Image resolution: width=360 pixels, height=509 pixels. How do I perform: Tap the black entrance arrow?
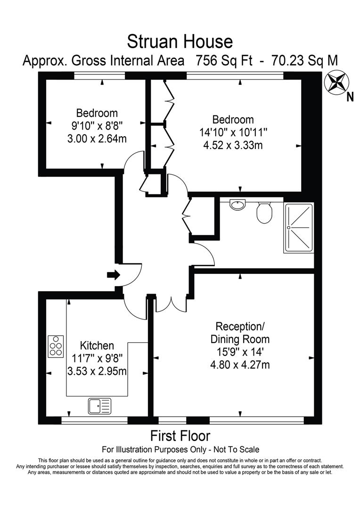113,275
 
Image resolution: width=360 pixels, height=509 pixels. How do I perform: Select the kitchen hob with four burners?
56,346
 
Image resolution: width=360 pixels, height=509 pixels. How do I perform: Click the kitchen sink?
99,406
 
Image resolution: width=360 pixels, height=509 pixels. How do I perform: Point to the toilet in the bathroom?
263,213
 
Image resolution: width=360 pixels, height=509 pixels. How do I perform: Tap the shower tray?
299,228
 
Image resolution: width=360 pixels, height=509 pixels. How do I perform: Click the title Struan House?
180,42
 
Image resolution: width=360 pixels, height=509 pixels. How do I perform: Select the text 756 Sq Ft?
224,61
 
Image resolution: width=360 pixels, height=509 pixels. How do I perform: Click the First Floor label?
180,435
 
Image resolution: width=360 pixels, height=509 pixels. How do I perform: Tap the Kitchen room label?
97,345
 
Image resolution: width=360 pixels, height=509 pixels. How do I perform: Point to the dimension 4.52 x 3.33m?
233,145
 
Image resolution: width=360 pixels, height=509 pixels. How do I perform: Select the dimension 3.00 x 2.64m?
97,139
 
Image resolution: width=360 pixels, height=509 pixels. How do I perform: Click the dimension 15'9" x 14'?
239,352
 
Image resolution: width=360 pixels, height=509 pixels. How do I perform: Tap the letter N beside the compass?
350,97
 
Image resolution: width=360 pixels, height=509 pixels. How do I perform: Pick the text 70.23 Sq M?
304,61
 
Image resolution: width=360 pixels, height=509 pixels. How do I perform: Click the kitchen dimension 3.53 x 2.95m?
97,371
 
